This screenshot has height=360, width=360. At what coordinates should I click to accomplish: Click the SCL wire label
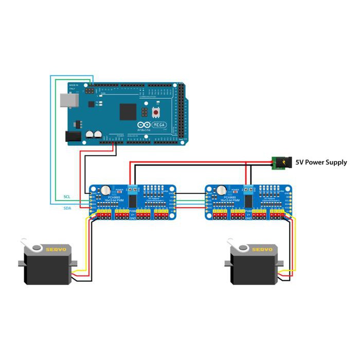[67, 197]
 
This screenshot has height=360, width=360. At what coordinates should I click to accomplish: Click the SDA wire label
[67, 208]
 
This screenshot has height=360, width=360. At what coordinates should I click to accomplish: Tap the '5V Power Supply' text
[321, 163]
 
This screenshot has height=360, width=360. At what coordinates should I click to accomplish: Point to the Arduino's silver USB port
[68, 100]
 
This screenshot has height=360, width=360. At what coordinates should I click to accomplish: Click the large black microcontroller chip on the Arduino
[128, 111]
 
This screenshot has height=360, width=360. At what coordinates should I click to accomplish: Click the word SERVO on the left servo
[56, 249]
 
